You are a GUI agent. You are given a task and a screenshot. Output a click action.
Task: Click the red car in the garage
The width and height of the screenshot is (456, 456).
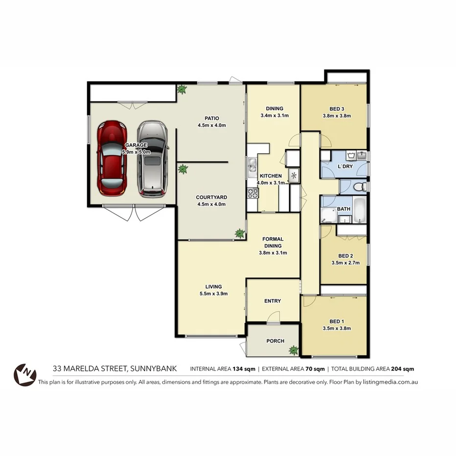(112, 158)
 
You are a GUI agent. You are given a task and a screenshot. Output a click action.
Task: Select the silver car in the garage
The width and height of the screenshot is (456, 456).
(152, 158)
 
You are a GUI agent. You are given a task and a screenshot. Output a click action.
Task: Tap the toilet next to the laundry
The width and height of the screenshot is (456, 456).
(359, 186)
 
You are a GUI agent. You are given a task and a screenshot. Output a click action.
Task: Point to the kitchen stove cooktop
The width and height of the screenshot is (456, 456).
(253, 193)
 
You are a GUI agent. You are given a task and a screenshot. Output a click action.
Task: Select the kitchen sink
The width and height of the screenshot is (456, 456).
(252, 166)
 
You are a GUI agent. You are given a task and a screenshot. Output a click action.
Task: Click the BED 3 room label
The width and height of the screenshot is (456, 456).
(337, 109)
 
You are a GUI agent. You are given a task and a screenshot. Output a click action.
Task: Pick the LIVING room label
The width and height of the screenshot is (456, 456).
(213, 287)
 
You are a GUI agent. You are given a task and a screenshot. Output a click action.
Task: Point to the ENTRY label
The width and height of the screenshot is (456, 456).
(273, 301)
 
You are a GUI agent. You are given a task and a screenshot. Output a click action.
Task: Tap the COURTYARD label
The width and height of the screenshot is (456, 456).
(211, 198)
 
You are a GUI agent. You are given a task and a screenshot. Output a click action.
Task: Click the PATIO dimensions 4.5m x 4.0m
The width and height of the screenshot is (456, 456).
(211, 125)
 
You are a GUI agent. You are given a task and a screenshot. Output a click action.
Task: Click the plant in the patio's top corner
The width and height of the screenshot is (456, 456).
(182, 90)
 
